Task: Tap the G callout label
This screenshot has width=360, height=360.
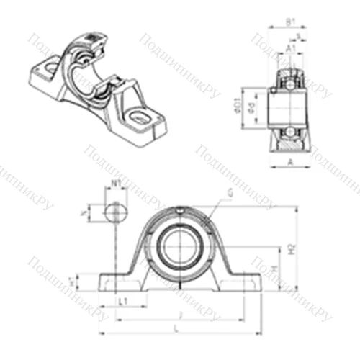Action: pos(229,192)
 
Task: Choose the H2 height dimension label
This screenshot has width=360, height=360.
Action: pos(292,249)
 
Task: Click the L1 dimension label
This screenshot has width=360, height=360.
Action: pos(122,300)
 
